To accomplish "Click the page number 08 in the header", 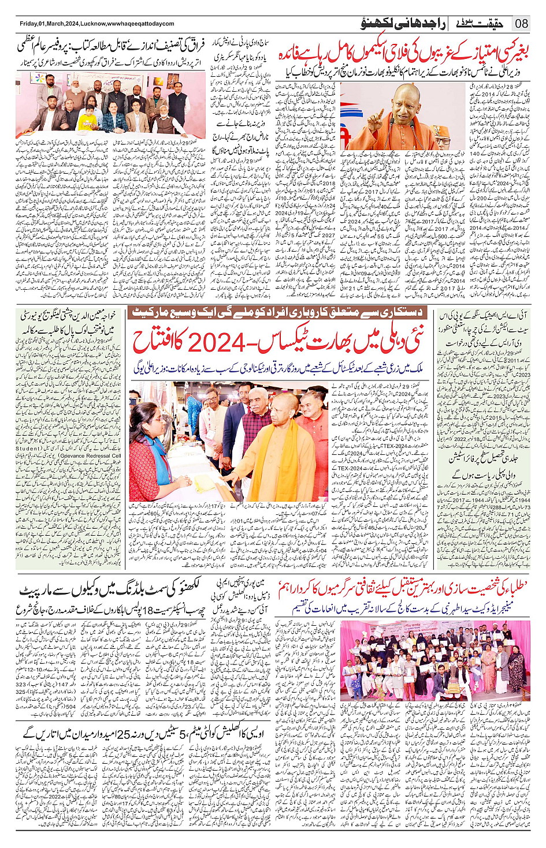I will [522, 24].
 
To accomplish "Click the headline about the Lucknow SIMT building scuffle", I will [110, 589].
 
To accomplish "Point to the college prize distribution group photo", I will [434, 660].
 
